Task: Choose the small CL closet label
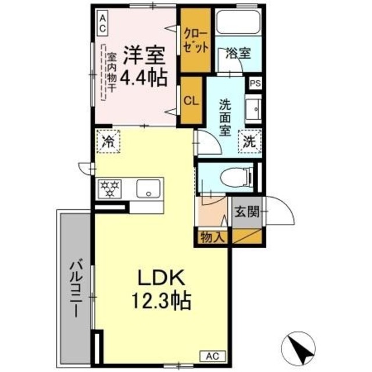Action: point(191,99)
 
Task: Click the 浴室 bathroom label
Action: point(238,53)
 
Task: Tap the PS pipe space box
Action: point(255,83)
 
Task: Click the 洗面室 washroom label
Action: point(225,117)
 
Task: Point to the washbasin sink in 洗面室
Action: point(253,110)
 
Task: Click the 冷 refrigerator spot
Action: point(108,140)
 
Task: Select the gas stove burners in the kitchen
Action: point(111,188)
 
